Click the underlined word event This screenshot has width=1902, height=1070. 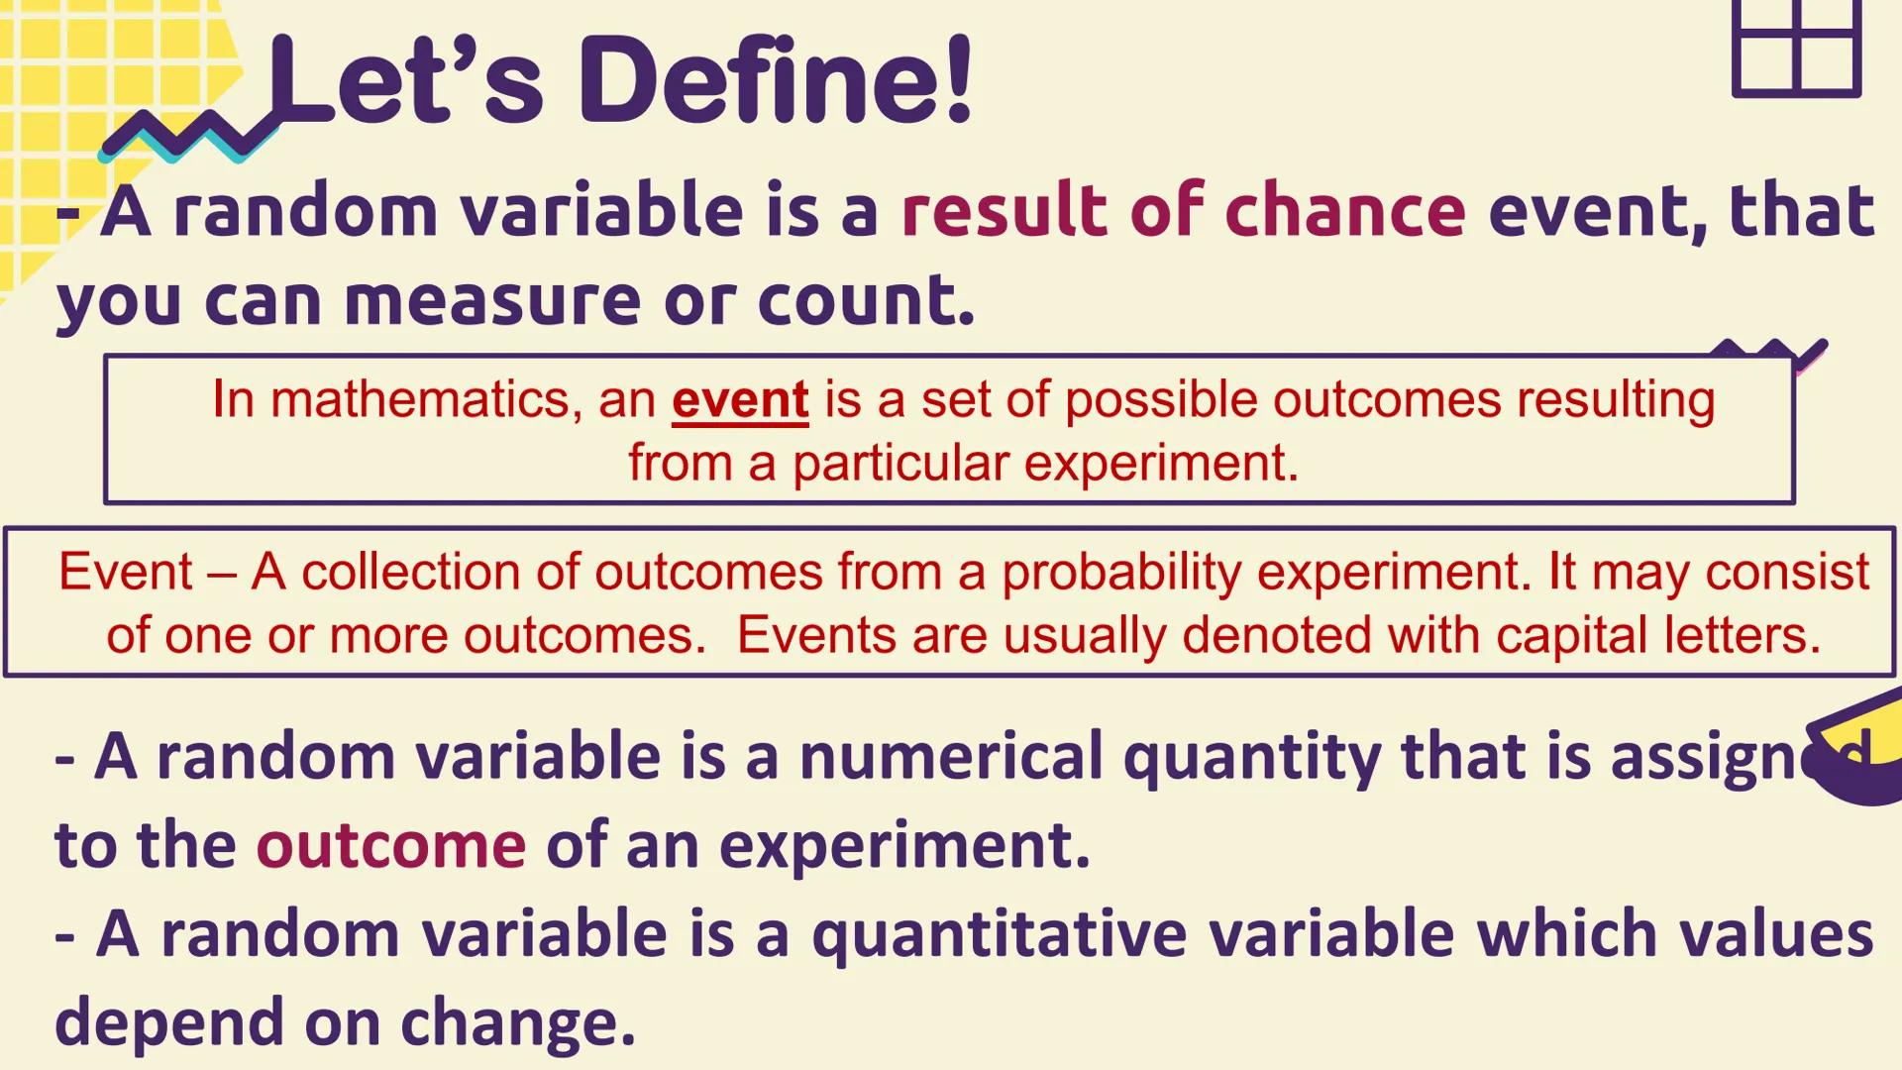tap(740, 400)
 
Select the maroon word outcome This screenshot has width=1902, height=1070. tap(391, 845)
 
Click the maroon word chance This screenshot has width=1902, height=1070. tap(1344, 210)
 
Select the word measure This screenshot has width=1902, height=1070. tap(492, 299)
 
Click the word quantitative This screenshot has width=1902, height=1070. tap(999, 934)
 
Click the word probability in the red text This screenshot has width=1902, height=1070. tap(1120, 573)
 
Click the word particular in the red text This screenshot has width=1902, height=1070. tap(898, 463)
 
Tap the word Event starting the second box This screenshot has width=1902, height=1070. tap(126, 573)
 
